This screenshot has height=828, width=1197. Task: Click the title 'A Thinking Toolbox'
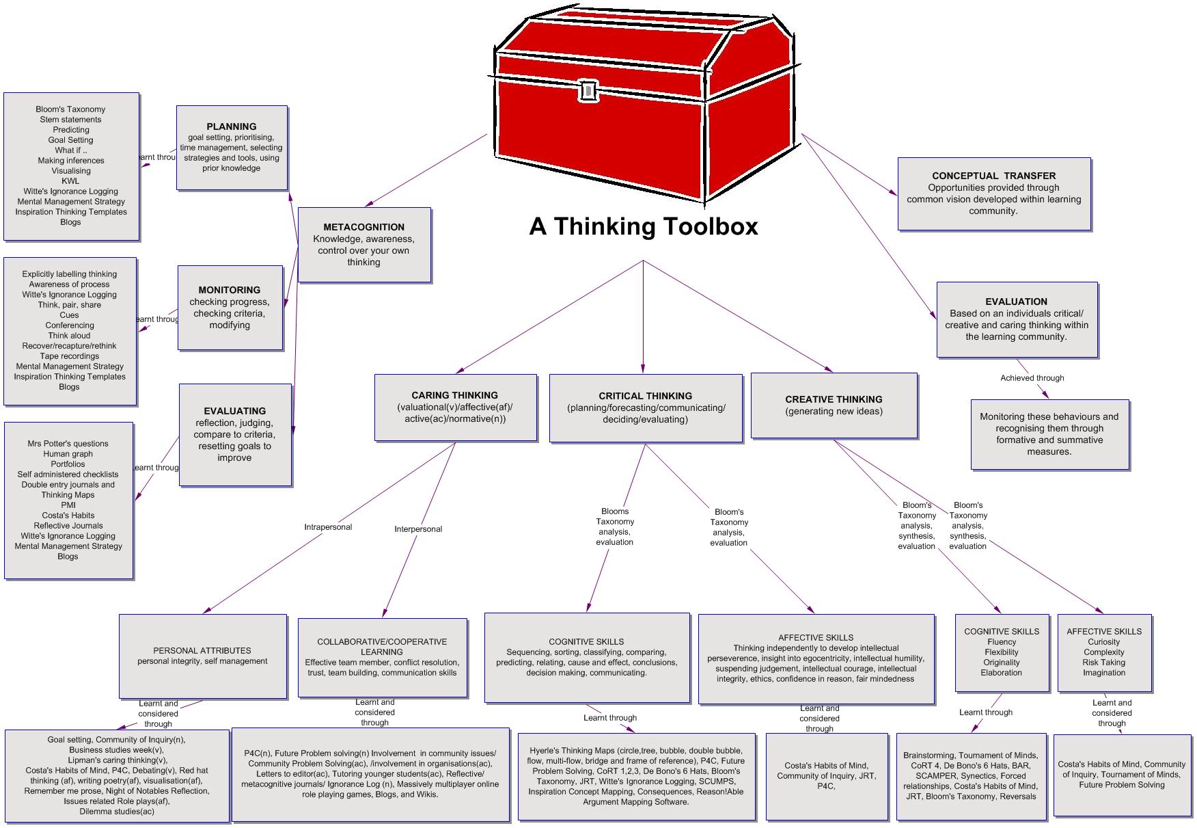pyautogui.click(x=644, y=226)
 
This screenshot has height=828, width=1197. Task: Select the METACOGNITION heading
pyautogui.click(x=364, y=227)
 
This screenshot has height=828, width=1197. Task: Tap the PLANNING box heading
pyautogui.click(x=232, y=126)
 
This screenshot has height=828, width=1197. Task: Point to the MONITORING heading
pyautogui.click(x=230, y=290)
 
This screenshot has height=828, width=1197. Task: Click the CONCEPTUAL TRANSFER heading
pyautogui.click(x=993, y=176)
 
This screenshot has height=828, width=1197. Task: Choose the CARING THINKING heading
pyautogui.click(x=454, y=395)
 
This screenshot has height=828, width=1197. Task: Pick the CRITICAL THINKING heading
pyautogui.click(x=645, y=396)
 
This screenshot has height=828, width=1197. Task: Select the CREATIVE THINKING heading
pyautogui.click(x=834, y=399)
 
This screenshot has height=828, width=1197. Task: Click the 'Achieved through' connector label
pyautogui.click(x=1032, y=378)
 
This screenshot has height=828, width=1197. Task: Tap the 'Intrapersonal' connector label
pyautogui.click(x=328, y=527)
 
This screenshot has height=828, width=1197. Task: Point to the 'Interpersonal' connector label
pyautogui.click(x=418, y=529)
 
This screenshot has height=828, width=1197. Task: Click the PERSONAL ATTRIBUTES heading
pyautogui.click(x=202, y=651)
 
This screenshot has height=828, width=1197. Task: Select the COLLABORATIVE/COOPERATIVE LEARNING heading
pyautogui.click(x=382, y=647)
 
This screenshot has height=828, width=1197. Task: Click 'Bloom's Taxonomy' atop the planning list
pyautogui.click(x=70, y=109)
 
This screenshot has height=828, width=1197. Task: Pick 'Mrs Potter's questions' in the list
pyautogui.click(x=68, y=444)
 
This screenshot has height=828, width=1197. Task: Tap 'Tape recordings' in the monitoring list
pyautogui.click(x=70, y=356)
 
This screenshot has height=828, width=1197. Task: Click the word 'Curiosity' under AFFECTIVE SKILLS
pyautogui.click(x=1103, y=642)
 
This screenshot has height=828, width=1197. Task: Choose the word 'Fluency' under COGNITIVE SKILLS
pyautogui.click(x=1002, y=642)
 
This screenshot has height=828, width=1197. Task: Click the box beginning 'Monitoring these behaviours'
pyautogui.click(x=1049, y=434)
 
